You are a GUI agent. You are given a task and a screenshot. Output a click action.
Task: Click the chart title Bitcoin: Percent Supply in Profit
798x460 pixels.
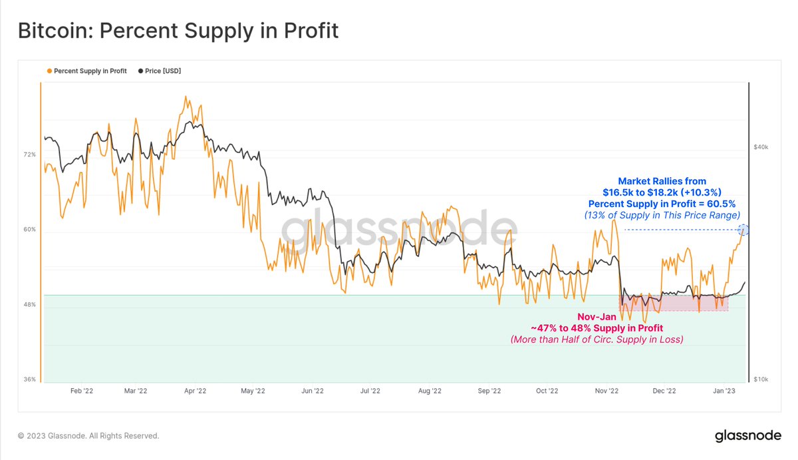tap(178, 31)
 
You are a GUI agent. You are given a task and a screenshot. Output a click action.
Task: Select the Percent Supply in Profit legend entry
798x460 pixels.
tap(87, 71)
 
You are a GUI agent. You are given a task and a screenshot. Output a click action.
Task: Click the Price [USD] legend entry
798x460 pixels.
tap(160, 71)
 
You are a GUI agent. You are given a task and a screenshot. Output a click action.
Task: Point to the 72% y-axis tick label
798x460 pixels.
tap(30, 154)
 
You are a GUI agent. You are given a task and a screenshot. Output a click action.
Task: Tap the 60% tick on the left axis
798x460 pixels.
tap(30, 230)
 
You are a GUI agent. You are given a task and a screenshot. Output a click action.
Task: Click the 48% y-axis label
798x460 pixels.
tap(30, 305)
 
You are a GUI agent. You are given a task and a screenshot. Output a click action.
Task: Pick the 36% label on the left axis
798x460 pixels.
tap(30, 379)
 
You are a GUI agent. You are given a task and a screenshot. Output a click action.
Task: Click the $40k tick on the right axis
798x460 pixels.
tap(761, 147)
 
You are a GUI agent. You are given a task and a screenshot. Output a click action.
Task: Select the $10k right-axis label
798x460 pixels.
tap(761, 379)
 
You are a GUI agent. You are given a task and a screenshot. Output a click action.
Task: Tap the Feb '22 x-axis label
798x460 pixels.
tap(81, 391)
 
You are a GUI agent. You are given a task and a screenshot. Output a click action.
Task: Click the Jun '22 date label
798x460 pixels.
tap(312, 391)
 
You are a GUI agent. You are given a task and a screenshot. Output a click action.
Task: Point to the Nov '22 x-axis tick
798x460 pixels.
tap(606, 391)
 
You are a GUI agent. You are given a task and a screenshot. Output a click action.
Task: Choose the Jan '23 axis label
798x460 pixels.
tap(723, 391)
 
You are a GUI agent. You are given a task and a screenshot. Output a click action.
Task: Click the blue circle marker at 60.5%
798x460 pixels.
tap(743, 230)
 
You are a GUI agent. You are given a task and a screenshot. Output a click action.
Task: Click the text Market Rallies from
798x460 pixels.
tap(662, 181)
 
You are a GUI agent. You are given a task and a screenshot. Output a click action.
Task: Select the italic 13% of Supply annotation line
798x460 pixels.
tap(662, 215)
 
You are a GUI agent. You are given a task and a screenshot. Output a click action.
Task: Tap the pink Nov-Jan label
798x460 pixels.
tap(596, 318)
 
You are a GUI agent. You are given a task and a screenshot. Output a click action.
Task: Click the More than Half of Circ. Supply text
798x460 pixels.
tap(596, 340)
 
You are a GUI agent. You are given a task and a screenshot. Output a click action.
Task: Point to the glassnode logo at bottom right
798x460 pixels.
tap(747, 436)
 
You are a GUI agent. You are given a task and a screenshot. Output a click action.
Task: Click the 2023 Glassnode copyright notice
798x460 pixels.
tap(88, 436)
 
